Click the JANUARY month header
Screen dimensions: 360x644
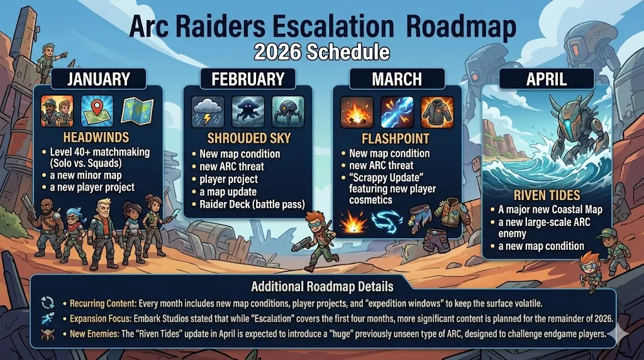click(99, 80)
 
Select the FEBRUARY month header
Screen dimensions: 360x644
click(248, 80)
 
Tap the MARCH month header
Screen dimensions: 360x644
click(396, 80)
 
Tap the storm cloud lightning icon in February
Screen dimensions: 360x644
click(207, 111)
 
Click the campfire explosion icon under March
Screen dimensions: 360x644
click(357, 111)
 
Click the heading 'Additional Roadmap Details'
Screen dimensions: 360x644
click(323, 287)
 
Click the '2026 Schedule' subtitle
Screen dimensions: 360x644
click(322, 52)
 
